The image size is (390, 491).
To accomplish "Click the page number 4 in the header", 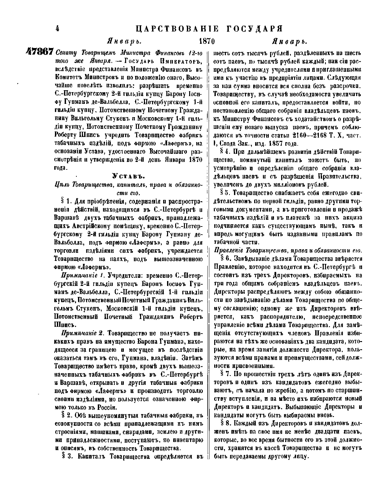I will click(x=57, y=29).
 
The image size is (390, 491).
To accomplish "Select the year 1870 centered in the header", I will click(x=207, y=42).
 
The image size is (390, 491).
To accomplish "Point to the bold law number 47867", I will click(x=39, y=52).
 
